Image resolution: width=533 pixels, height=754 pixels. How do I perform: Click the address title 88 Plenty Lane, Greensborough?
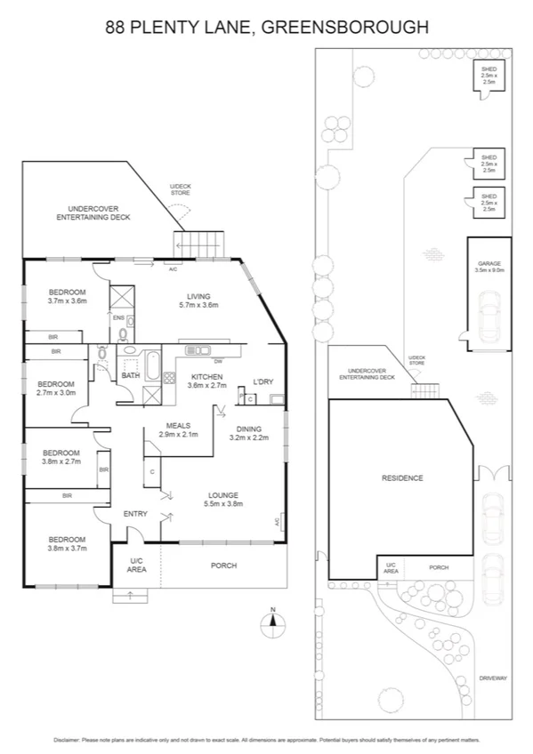point(266,28)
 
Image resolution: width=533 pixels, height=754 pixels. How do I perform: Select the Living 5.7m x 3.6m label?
point(198,301)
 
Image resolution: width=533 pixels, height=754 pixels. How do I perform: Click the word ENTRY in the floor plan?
point(135,513)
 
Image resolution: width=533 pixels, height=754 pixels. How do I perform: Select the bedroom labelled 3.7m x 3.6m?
point(67,296)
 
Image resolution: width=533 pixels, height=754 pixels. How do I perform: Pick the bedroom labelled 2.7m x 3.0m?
point(55,387)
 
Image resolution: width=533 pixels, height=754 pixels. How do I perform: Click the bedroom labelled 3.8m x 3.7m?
point(67,544)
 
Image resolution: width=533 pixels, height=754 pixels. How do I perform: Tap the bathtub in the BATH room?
point(152,365)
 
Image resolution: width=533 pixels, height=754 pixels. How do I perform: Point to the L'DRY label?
point(262,381)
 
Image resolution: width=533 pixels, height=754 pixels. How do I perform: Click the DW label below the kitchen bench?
point(217,360)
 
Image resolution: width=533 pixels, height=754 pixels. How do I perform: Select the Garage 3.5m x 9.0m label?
point(490,267)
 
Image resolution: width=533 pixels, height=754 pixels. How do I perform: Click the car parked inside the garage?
point(489,317)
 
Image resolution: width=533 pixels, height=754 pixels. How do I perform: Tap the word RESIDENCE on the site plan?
point(401,477)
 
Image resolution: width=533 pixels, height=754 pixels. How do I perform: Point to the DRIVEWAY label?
point(492,678)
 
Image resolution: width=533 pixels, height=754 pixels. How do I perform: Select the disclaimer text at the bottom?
point(266,740)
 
